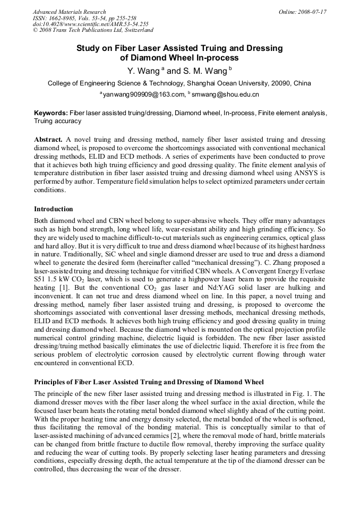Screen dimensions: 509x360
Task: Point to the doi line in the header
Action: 90,24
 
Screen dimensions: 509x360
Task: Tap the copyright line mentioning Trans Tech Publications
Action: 93,30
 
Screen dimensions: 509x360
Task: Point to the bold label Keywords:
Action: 51,113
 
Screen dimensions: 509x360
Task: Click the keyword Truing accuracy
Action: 57,121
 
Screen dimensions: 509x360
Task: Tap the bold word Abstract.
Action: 48,139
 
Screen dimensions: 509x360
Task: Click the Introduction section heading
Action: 54,209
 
